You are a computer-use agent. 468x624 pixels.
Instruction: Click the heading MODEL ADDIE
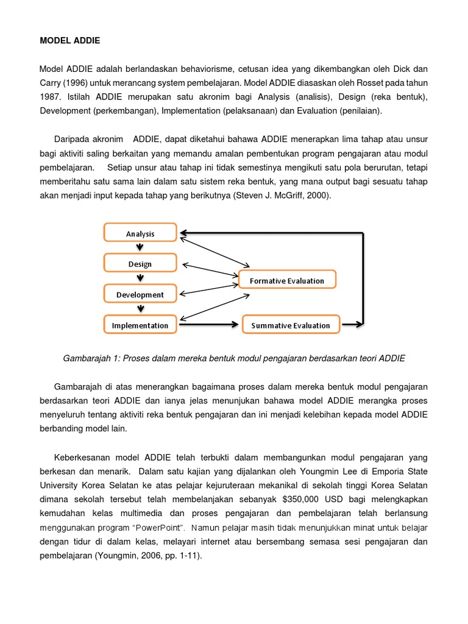70,41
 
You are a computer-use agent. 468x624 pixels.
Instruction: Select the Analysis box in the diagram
140,233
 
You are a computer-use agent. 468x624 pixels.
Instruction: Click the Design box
140,264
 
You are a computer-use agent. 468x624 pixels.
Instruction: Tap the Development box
140,294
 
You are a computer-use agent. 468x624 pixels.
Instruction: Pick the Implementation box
140,325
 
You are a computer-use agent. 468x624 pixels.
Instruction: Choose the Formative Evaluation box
286,280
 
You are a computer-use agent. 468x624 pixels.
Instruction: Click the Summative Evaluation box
290,325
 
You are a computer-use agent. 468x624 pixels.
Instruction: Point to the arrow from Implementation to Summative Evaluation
207,325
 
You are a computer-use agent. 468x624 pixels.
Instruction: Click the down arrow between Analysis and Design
140,248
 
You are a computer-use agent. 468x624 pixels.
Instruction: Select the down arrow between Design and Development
140,278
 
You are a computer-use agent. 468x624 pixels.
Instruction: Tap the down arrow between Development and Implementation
140,310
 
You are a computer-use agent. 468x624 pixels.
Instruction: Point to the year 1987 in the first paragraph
51,97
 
